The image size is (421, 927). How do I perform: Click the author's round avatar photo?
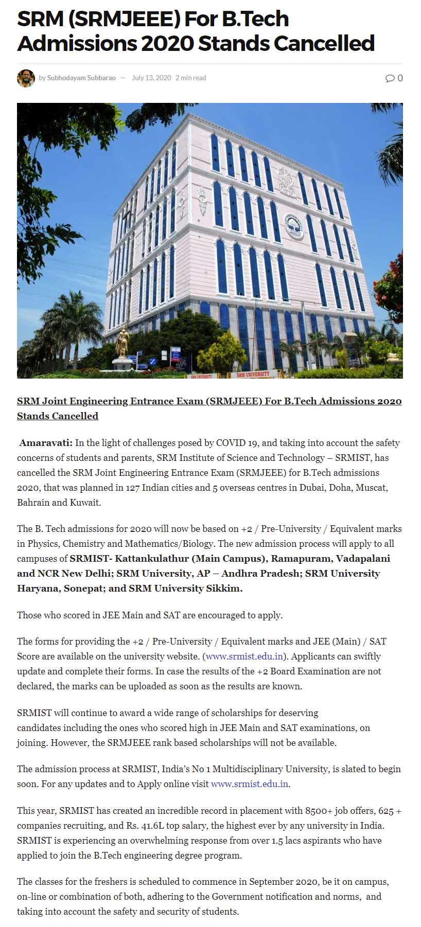(26, 78)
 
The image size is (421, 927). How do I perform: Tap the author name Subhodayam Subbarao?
(81, 78)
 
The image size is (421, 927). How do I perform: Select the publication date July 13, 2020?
(151, 78)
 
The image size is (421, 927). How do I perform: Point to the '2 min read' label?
(191, 78)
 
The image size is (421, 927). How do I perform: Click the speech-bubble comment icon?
(390, 78)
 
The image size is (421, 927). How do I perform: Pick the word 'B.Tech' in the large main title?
(255, 20)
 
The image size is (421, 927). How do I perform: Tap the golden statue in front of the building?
(122, 341)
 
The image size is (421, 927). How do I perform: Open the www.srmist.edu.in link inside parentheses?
(244, 656)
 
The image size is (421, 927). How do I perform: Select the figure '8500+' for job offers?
(319, 811)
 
